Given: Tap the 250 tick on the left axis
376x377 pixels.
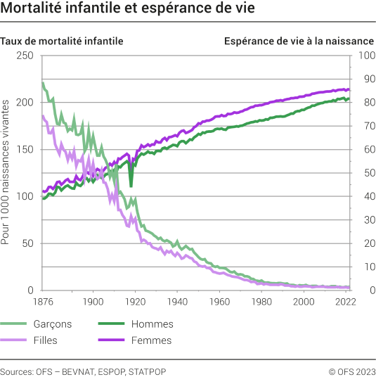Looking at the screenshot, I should pos(25,56).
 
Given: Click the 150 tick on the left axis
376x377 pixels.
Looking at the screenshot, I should pos(25,150).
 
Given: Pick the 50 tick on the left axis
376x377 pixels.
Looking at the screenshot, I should pos(28,243).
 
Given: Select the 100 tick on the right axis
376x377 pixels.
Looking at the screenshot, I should pos(366,56).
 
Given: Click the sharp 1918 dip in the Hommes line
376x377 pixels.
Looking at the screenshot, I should pos(131,187).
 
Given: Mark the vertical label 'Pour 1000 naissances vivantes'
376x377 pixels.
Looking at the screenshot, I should pos(6,173).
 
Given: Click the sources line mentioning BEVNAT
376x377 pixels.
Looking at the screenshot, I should pos(83,370).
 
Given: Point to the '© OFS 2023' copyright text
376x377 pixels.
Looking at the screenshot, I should pos(350,370).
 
